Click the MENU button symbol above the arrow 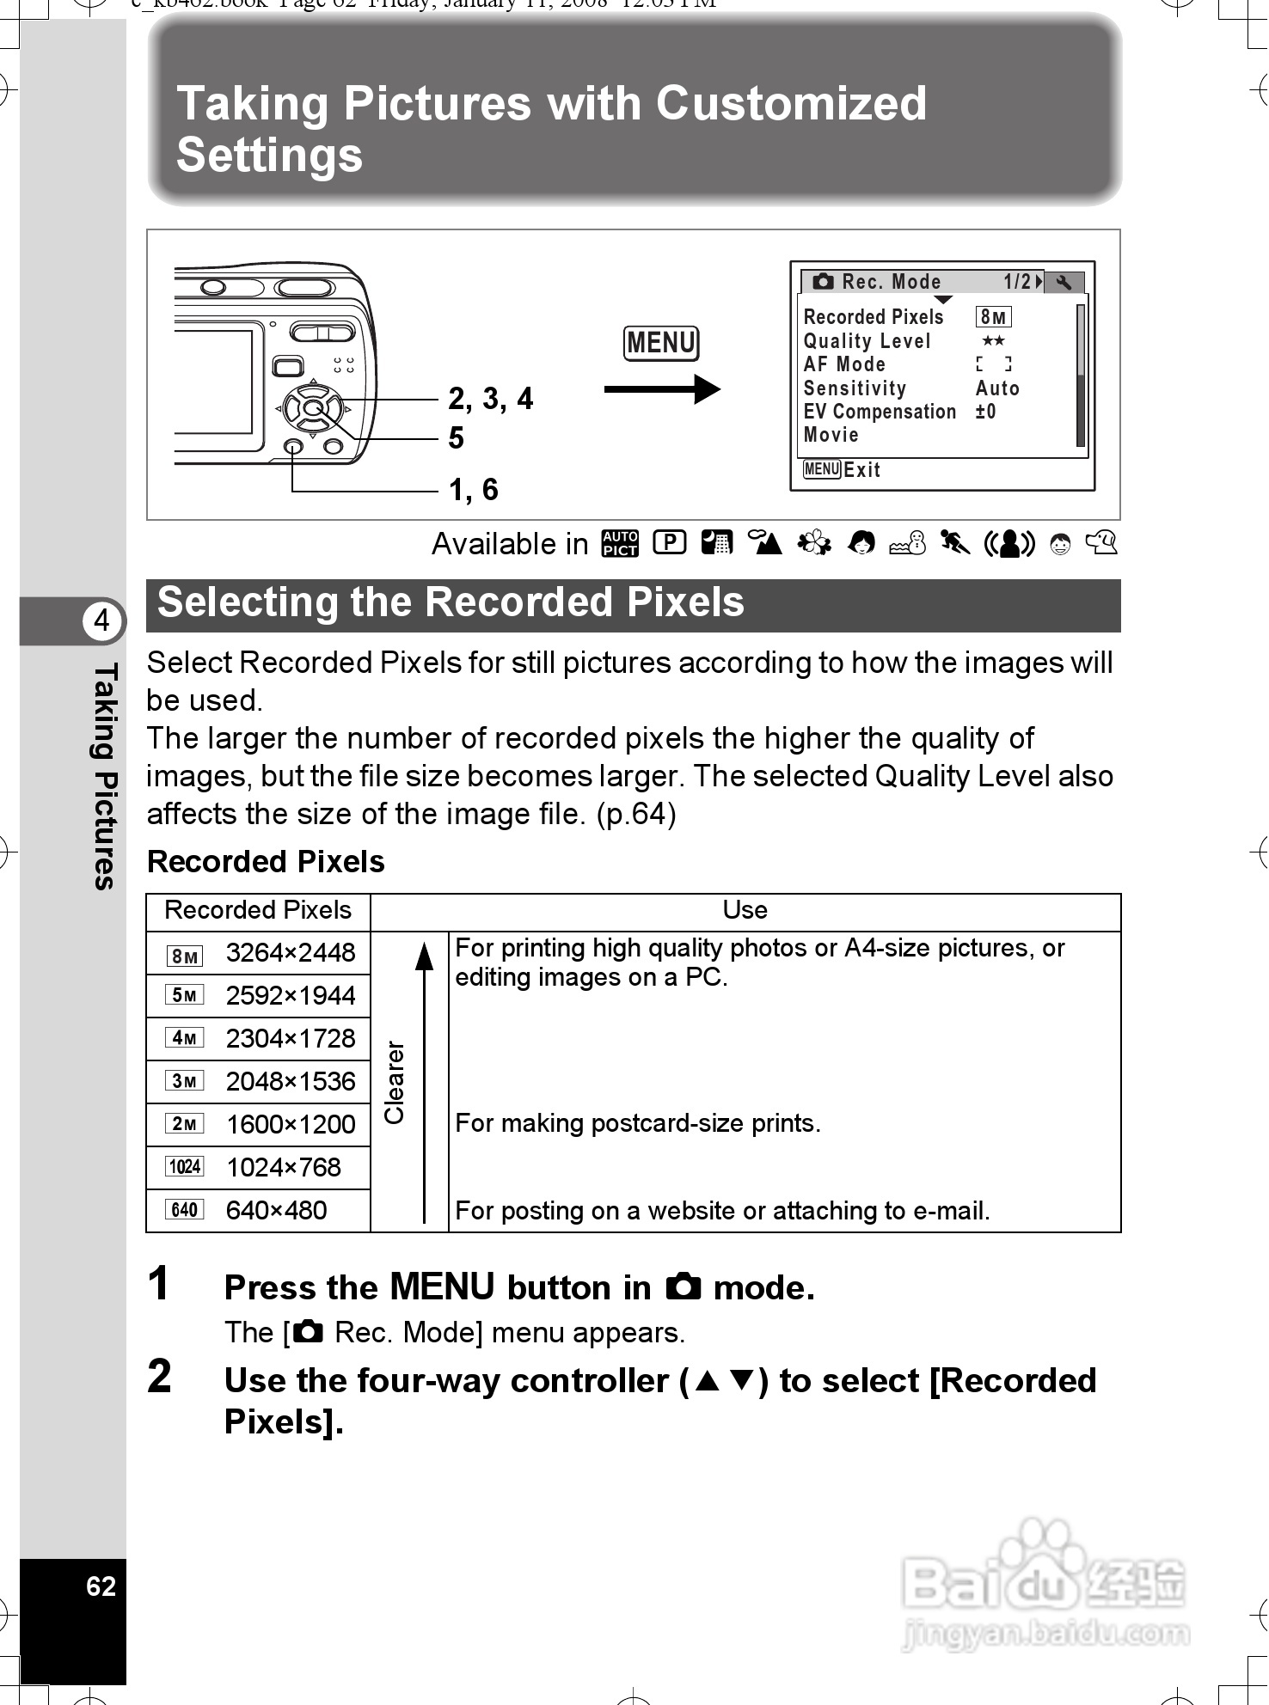(660, 344)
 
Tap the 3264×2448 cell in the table (290, 953)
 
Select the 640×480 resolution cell (276, 1211)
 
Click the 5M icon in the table (185, 995)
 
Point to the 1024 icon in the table (185, 1167)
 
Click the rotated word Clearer (394, 1082)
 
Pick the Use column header (745, 911)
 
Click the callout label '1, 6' (474, 490)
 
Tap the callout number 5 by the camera (456, 438)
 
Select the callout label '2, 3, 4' (490, 399)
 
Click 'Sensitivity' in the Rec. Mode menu (855, 388)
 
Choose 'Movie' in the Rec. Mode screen (831, 435)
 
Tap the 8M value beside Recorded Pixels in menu (993, 317)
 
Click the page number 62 (101, 1586)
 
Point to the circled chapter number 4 (102, 620)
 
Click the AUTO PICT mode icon (620, 543)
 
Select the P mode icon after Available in (669, 542)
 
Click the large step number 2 (160, 1377)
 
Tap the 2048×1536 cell (290, 1082)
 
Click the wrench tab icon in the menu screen (1064, 283)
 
